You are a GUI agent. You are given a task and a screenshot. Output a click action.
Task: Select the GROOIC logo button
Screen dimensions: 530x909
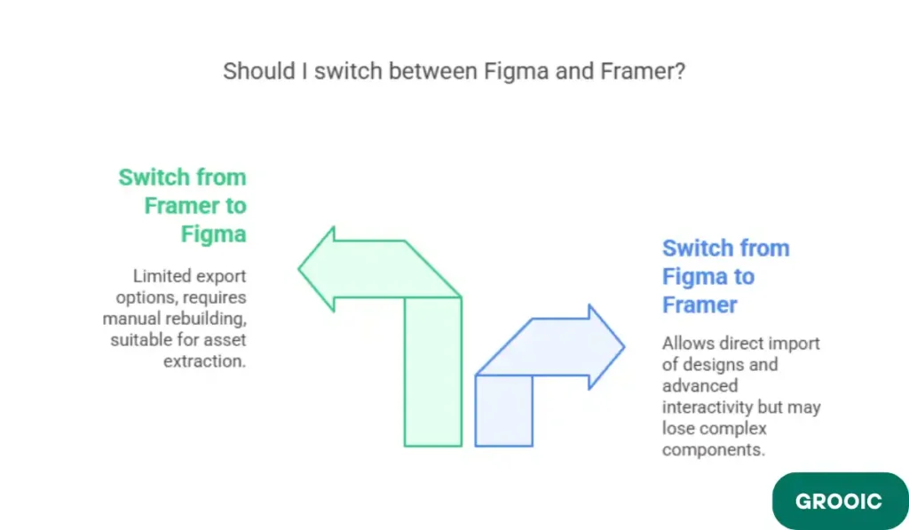coord(839,501)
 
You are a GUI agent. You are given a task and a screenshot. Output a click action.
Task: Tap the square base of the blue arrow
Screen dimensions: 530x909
coord(503,409)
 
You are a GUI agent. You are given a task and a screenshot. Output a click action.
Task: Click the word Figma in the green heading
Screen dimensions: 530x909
coord(213,234)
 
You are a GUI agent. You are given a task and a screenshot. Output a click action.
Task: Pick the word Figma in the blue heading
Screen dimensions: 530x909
coord(692,277)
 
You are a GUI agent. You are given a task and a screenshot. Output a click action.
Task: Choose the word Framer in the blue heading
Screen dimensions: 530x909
coord(700,305)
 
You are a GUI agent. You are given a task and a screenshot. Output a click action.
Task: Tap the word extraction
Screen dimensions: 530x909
coord(204,360)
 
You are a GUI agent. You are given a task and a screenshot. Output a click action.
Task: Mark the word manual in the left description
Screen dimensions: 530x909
coord(132,318)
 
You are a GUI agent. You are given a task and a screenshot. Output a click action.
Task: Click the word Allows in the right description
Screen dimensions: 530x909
coord(687,343)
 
